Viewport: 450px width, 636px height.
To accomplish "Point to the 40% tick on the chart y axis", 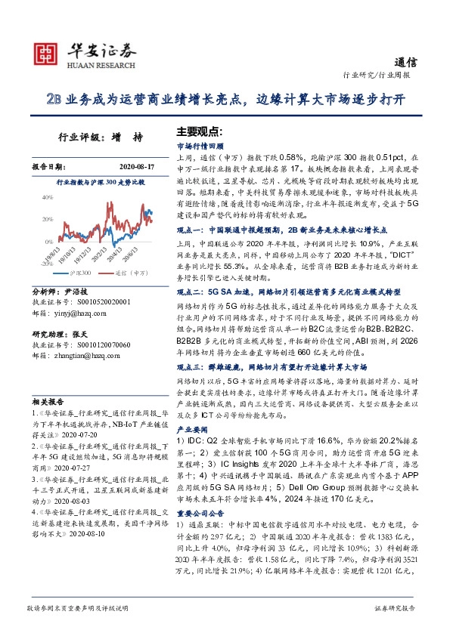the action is coord(44,197).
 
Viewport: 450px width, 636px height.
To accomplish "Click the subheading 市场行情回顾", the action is coord(199,144).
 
